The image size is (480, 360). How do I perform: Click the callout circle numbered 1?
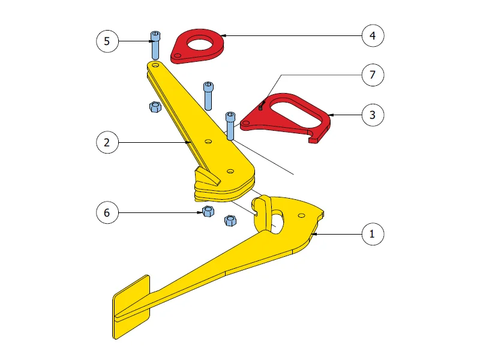(x=373, y=234)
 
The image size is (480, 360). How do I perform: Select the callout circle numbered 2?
(x=107, y=142)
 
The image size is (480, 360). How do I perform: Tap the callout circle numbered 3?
(x=373, y=115)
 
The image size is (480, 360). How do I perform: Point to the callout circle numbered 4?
(x=373, y=36)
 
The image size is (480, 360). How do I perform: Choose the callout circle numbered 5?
(x=107, y=41)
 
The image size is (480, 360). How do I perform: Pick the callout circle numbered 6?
(x=107, y=213)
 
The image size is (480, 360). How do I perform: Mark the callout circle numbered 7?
(x=373, y=75)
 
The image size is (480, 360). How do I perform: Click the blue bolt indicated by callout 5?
(x=155, y=46)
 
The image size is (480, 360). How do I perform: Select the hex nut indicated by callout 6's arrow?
(x=208, y=212)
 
